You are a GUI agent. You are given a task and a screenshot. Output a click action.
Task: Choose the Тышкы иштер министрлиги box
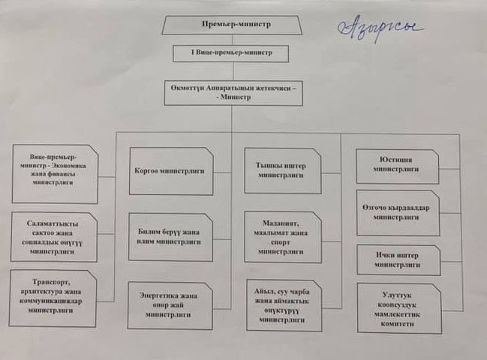click(x=282, y=168)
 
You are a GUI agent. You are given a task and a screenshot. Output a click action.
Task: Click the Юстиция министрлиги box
click(x=397, y=165)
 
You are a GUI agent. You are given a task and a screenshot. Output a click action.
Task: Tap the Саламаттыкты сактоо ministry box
click(x=54, y=234)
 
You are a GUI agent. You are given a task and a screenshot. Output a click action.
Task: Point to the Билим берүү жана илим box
click(x=170, y=237)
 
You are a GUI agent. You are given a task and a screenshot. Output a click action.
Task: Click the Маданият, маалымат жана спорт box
click(x=282, y=237)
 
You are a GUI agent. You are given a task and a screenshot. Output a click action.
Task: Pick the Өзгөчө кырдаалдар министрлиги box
click(x=397, y=213)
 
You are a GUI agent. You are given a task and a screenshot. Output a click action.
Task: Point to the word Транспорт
click(x=38, y=276)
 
